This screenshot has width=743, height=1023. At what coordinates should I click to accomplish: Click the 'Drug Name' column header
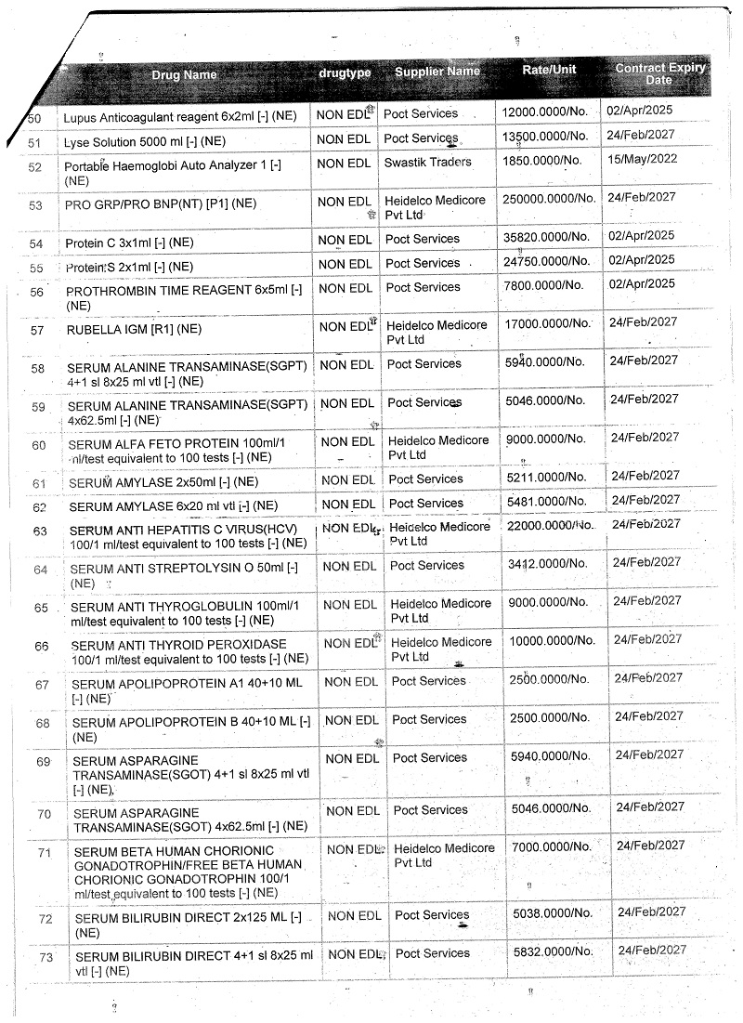point(186,75)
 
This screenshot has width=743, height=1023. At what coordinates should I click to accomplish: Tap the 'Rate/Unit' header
point(549,71)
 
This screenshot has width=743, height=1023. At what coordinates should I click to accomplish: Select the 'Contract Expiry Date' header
point(659,73)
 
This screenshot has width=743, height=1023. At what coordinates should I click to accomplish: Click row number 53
point(37,204)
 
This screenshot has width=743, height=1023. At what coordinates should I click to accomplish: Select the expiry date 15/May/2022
point(642,158)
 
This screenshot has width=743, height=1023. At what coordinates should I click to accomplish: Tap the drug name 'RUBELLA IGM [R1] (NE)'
point(134,329)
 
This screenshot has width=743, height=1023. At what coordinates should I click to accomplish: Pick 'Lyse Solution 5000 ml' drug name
point(144,141)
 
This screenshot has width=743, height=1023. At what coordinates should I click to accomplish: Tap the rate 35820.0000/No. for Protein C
point(546,239)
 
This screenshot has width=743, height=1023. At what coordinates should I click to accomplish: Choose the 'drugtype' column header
point(345,72)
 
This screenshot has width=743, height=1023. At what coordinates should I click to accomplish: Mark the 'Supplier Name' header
point(437,72)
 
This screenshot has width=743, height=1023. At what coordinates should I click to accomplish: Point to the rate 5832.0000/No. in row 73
point(554,951)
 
